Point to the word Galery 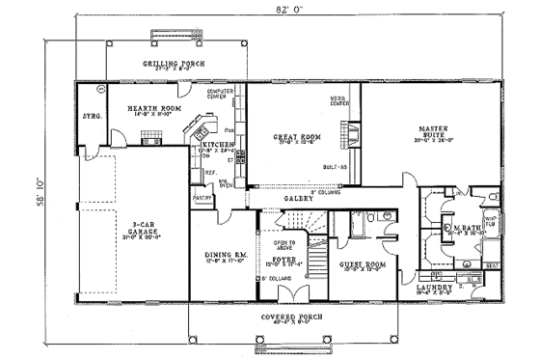point(296,200)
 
